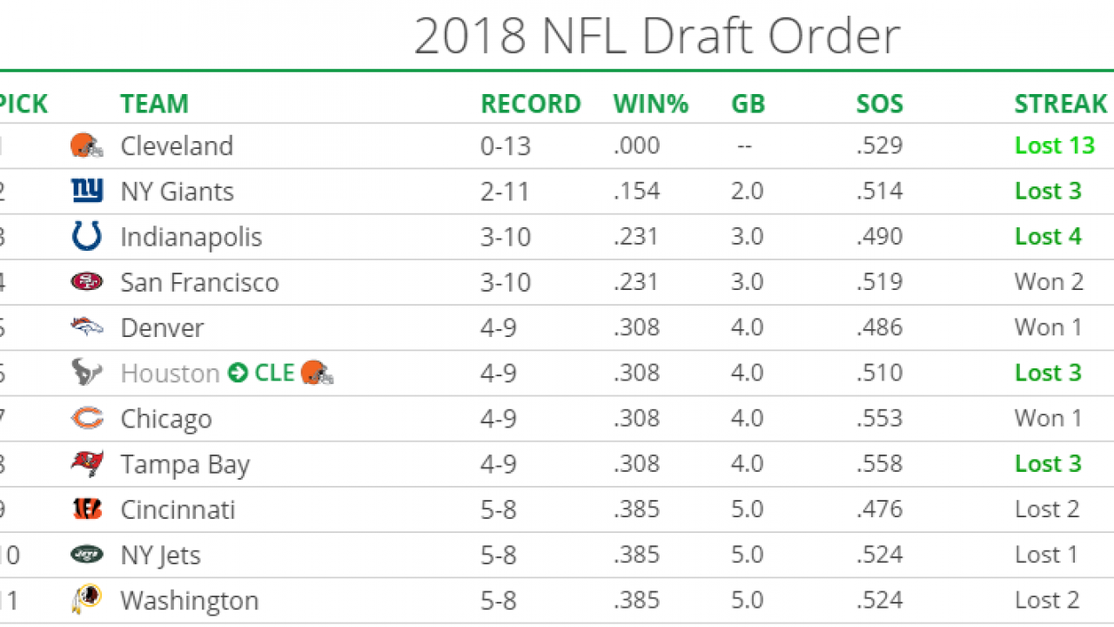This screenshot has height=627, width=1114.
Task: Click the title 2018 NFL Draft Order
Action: [656, 37]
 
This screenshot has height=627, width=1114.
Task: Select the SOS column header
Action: [879, 104]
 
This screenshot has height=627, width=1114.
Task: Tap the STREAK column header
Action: [1060, 104]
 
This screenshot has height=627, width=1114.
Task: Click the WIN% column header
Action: [650, 104]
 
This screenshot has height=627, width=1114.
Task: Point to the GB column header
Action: [748, 104]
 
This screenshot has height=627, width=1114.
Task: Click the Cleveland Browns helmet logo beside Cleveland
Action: [86, 145]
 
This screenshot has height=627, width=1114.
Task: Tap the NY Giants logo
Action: [86, 191]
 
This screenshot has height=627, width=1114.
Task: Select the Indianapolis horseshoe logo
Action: [86, 237]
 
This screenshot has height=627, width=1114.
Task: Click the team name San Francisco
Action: [199, 282]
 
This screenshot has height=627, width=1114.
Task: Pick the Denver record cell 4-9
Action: [498, 327]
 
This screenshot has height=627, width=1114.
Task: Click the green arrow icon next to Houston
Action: [238, 374]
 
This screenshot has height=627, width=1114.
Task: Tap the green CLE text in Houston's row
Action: [274, 374]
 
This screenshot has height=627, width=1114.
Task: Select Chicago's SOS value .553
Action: [879, 419]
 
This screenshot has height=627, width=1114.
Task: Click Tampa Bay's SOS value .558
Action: [879, 464]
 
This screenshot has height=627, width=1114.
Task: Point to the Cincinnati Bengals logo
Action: [86, 509]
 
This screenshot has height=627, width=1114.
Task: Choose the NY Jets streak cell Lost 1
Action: [1047, 555]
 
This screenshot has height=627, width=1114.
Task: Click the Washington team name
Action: [189, 601]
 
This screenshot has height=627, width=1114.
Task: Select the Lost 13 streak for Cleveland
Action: [1054, 145]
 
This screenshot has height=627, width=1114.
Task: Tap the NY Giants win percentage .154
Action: [636, 192]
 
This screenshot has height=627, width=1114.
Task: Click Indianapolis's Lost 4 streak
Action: [1048, 237]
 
